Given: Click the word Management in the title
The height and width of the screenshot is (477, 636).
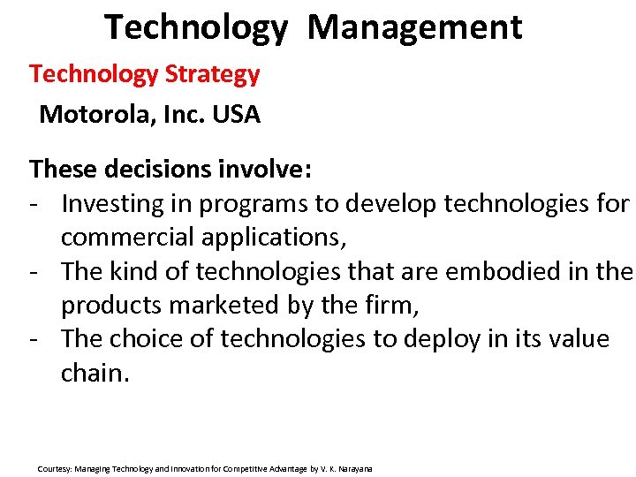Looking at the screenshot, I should pyautogui.click(x=415, y=26).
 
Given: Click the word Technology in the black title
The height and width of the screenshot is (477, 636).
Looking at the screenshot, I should pyautogui.click(x=195, y=26).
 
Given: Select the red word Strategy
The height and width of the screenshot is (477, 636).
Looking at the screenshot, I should pyautogui.click(x=212, y=74).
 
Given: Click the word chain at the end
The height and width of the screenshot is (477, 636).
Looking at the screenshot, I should pyautogui.click(x=93, y=372).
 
